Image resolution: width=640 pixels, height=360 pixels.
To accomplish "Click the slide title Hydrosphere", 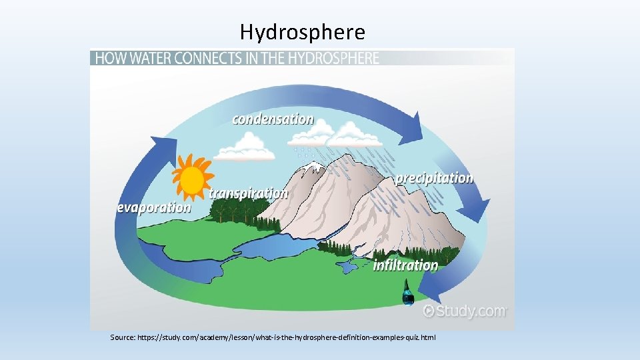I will (302, 32).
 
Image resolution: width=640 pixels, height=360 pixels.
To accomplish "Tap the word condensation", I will (273, 120).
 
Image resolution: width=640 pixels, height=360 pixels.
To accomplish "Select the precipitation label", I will (434, 179).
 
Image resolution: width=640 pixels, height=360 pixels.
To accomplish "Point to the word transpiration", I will (249, 193).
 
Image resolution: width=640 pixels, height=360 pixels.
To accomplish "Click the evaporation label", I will (154, 207).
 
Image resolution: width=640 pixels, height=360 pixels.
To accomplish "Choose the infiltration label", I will (405, 265).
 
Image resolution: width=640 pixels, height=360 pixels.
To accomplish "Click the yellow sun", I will (191, 179).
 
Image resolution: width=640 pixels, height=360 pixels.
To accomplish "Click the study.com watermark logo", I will (465, 311).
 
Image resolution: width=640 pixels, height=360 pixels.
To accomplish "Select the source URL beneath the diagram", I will (273, 338).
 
